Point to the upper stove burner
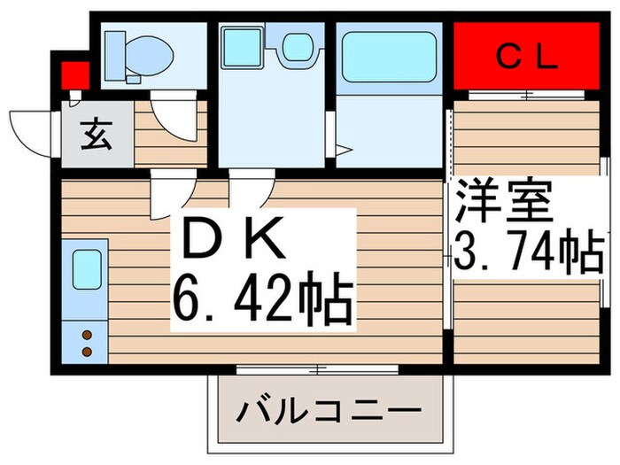pos(87,336)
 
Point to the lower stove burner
pos(87,351)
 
